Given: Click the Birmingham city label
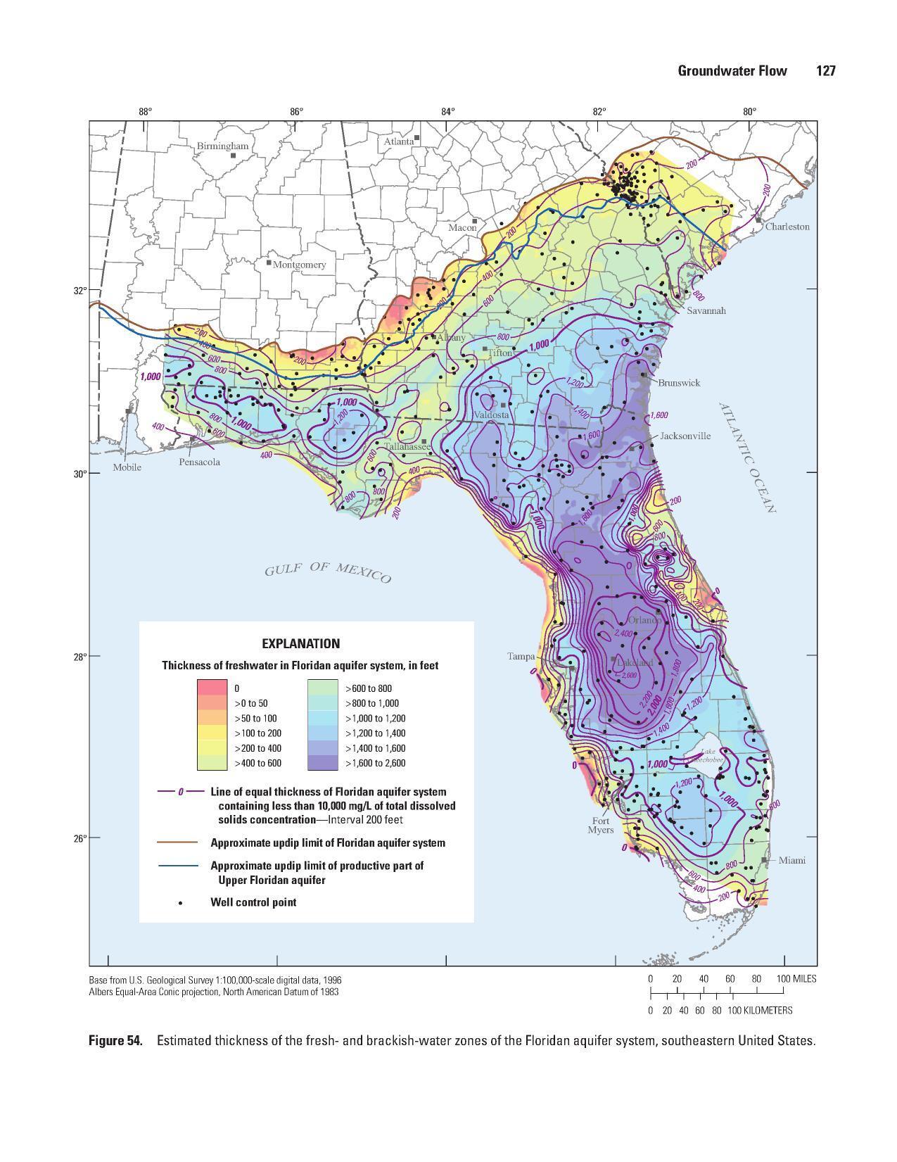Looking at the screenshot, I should click(222, 146).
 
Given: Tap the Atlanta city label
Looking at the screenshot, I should click(398, 141).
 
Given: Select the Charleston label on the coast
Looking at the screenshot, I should click(787, 227).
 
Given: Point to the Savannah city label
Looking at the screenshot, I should click(706, 310).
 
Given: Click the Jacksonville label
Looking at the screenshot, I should click(685, 436).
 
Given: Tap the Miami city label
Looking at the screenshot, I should click(791, 860).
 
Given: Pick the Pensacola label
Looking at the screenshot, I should click(199, 462).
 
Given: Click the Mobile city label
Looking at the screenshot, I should click(127, 467).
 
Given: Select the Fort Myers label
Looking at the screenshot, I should click(601, 825).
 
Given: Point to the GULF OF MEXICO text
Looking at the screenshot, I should click(327, 573).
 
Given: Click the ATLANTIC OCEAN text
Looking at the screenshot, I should click(747, 457).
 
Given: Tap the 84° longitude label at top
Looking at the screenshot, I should click(448, 111).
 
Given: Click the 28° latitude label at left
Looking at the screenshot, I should click(80, 656).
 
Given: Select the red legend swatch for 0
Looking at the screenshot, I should click(212, 688).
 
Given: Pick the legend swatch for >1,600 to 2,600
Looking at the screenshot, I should click(323, 763).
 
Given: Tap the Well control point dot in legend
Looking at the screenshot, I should click(182, 902).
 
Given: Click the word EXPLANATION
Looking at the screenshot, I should click(300, 643).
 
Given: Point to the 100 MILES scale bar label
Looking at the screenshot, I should click(796, 979).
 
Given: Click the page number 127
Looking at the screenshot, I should click(825, 70).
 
